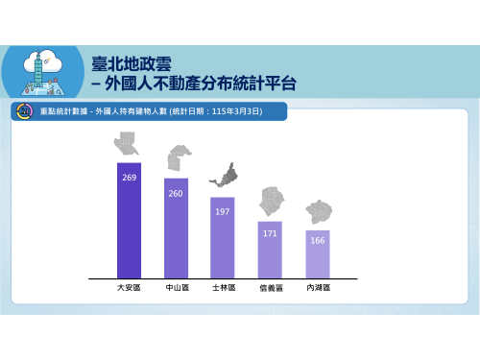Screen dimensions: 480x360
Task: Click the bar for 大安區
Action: point(129,221)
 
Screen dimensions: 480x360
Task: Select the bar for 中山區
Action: point(176,228)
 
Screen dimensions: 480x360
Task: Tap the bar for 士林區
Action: point(223,238)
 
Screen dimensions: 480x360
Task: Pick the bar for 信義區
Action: point(270,250)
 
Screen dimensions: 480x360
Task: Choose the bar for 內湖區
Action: point(318,254)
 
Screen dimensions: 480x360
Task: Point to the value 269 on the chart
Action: point(130,178)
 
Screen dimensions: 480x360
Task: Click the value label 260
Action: point(176,193)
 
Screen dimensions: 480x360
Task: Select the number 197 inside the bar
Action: point(223,211)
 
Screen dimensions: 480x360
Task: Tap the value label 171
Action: point(270,233)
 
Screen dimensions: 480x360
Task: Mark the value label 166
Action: point(318,240)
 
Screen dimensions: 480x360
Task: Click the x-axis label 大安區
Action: point(129,288)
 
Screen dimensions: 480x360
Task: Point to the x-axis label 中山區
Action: point(178,288)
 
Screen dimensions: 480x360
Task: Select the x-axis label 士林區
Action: point(224,288)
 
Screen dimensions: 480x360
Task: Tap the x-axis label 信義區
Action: point(272,288)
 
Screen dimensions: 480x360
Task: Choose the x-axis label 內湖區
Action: point(319,288)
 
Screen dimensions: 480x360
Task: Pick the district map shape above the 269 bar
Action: point(127,143)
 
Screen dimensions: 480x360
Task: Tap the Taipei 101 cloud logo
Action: point(43,72)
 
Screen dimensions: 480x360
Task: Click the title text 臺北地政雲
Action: point(132,63)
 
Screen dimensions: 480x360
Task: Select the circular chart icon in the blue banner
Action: point(25,111)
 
